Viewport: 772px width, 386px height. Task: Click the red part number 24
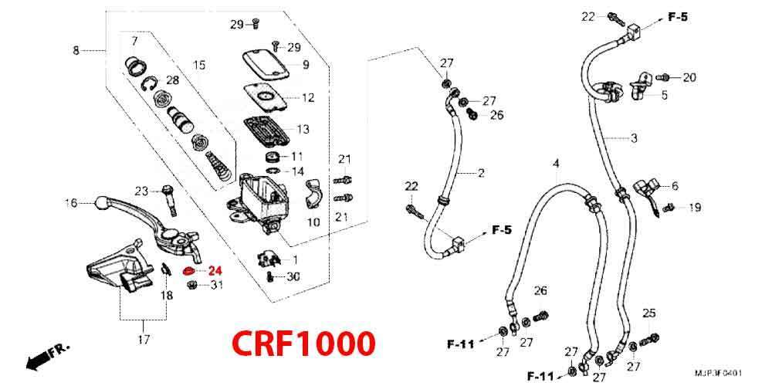214,271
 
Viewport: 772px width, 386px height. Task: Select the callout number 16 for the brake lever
71,203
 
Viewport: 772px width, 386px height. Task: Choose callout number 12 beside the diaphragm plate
308,98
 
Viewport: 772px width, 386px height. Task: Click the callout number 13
303,129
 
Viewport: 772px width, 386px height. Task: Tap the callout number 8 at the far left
76,51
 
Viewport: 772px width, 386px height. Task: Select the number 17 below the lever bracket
144,340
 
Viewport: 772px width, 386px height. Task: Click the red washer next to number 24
188,271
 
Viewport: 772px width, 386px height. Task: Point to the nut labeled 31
194,286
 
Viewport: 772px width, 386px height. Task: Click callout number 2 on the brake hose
480,173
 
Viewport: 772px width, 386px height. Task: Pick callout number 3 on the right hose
634,139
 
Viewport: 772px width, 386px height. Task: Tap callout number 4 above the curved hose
556,164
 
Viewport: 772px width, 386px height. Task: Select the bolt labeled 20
663,77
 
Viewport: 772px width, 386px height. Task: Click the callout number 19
696,207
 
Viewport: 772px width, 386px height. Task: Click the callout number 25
649,313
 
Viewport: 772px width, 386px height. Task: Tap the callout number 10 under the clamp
292,222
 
